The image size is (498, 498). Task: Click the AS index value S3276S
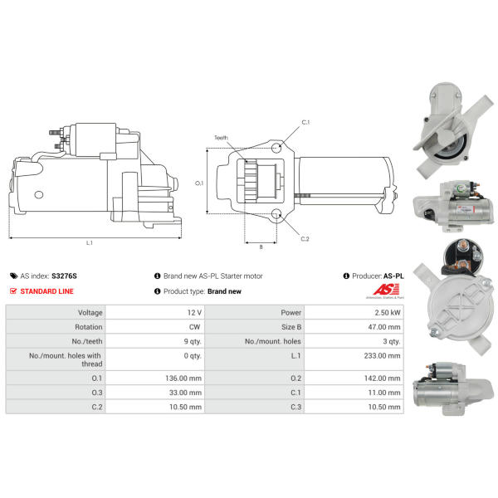point(64,276)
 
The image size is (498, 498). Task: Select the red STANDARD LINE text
point(47,291)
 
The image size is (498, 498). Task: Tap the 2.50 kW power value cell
point(388,313)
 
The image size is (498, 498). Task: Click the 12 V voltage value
point(194,313)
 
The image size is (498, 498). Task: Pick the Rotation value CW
point(195,327)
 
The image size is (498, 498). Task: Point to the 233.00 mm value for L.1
point(382,355)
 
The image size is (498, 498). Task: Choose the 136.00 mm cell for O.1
point(183,378)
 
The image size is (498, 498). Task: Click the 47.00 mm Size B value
point(384,327)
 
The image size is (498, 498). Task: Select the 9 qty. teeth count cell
point(193,341)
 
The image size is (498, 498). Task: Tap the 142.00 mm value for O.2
point(382,378)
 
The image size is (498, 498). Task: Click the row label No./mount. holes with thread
point(66,359)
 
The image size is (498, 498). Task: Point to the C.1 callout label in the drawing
point(305,122)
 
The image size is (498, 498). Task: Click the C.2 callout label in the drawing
point(305,238)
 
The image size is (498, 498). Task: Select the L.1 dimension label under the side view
point(90,242)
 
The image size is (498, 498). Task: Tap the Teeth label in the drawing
point(221,138)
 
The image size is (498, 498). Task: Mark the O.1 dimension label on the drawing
point(199,183)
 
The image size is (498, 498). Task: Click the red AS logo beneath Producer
point(386,290)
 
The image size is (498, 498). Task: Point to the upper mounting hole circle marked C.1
point(276,148)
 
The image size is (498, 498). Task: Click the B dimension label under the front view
point(261,247)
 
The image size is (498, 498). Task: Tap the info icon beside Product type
point(157,291)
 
